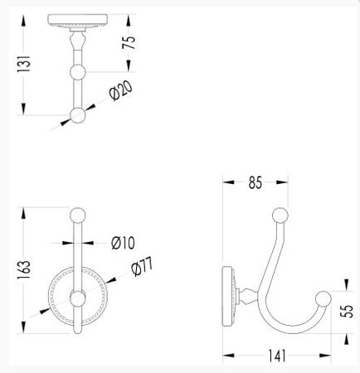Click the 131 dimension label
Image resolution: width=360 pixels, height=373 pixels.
pyautogui.click(x=23, y=64)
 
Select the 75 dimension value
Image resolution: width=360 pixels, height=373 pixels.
pyautogui.click(x=129, y=42)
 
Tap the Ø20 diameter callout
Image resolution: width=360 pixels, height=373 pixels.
pyautogui.click(x=121, y=90)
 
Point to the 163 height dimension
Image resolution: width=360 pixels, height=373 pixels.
pyautogui.click(x=23, y=269)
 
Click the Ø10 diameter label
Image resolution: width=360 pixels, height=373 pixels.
pyautogui.click(x=123, y=243)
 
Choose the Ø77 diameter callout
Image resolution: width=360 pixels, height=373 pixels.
pyautogui.click(x=142, y=267)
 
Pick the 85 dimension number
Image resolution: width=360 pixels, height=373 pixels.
pyautogui.click(x=255, y=182)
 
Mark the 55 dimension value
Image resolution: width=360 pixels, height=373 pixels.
pyautogui.click(x=347, y=311)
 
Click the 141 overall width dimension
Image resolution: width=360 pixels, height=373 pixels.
pyautogui.click(x=277, y=356)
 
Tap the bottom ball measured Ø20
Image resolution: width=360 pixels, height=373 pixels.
pyautogui.click(x=78, y=116)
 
